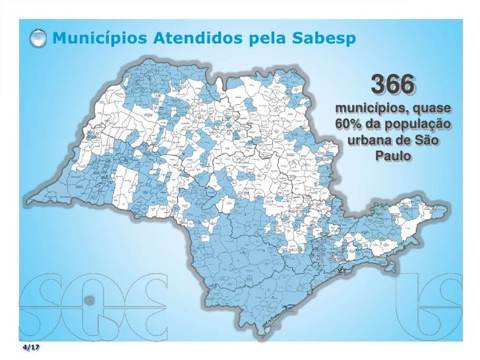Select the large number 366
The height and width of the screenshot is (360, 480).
click(393, 86)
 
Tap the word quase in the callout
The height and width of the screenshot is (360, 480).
click(433, 108)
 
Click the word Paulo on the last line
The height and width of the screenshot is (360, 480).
click(393, 158)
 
